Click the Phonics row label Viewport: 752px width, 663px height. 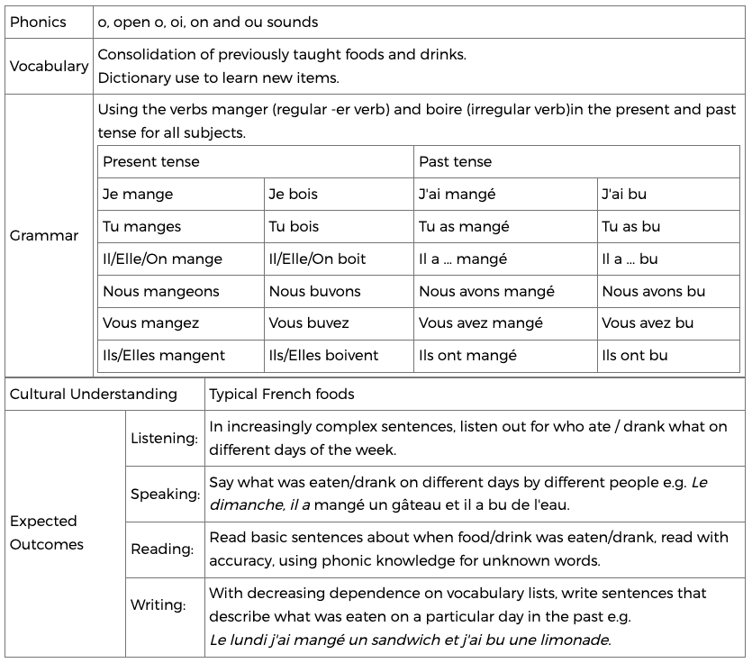(38, 22)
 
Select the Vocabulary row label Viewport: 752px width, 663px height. (49, 66)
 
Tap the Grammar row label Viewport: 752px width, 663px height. (44, 236)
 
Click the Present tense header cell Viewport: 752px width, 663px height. (151, 162)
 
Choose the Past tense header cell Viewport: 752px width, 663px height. (456, 162)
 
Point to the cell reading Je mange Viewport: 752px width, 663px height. (138, 195)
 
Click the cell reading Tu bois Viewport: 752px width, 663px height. (294, 227)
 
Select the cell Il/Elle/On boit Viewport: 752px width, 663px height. (317, 259)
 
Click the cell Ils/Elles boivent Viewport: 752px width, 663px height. (323, 356)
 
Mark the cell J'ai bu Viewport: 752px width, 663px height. (624, 195)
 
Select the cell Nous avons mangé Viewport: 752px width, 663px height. (486, 292)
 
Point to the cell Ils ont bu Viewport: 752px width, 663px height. (635, 356)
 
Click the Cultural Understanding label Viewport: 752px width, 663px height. (94, 395)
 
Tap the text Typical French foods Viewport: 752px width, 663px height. (282, 395)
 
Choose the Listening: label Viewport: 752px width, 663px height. (164, 439)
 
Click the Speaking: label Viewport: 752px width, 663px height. (165, 495)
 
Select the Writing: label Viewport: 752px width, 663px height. (158, 605)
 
